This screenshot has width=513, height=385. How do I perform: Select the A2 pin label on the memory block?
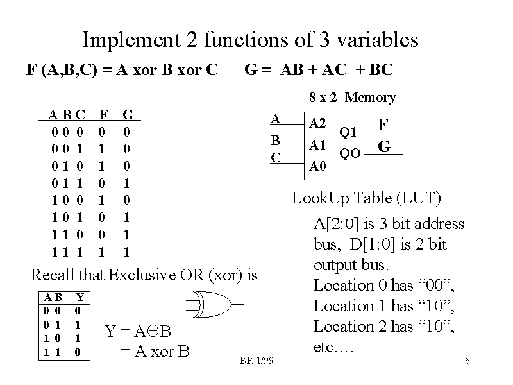coord(317,123)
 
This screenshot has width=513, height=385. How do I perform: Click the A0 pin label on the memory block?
coord(317,167)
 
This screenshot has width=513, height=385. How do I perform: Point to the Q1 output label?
coord(348,133)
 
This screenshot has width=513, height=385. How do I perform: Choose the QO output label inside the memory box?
coord(350,153)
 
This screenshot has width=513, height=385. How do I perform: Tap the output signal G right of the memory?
coord(384,147)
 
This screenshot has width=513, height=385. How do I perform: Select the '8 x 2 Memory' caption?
coord(352,98)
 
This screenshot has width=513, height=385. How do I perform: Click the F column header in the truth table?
coord(103,115)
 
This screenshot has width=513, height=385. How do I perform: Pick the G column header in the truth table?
coord(128,115)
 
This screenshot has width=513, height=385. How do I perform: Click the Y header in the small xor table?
coord(79,297)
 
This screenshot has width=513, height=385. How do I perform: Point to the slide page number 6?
coord(467,361)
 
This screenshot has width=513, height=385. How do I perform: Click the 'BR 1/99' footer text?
coord(256,361)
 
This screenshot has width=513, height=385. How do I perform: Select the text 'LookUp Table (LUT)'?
coord(366,198)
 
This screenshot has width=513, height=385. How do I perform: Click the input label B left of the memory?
coord(275,140)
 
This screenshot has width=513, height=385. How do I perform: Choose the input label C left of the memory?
coord(275,157)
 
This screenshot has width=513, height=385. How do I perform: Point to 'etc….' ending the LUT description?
coord(333,347)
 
